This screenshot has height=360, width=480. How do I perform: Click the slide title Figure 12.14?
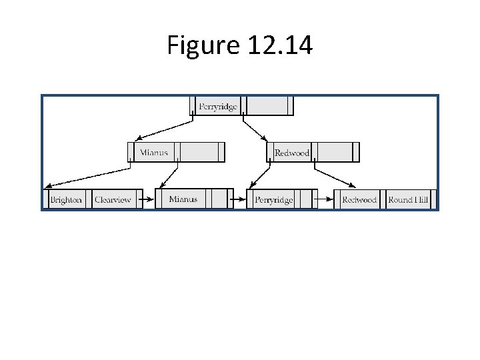tap(239, 45)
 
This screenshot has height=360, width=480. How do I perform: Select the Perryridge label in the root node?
tap(218, 107)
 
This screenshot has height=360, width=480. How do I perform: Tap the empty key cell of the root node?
tap(267, 106)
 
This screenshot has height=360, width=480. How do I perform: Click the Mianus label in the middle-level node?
tap(153, 152)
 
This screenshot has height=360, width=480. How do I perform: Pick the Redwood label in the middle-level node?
tap(292, 153)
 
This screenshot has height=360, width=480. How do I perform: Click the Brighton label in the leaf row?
tap(66, 199)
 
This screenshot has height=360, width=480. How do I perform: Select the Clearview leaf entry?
tap(113, 199)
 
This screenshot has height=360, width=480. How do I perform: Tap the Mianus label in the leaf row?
tap(183, 199)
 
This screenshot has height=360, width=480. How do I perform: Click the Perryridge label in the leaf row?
tap(273, 199)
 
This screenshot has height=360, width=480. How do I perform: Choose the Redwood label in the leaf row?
tap(359, 199)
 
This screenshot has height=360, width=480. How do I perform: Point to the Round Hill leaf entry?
tap(408, 199)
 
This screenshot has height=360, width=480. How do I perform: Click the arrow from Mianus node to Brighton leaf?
tap(87, 175)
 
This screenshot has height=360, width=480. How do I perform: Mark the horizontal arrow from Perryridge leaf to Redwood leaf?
tap(325, 199)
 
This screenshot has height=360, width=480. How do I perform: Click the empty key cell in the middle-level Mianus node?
tap(199, 152)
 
